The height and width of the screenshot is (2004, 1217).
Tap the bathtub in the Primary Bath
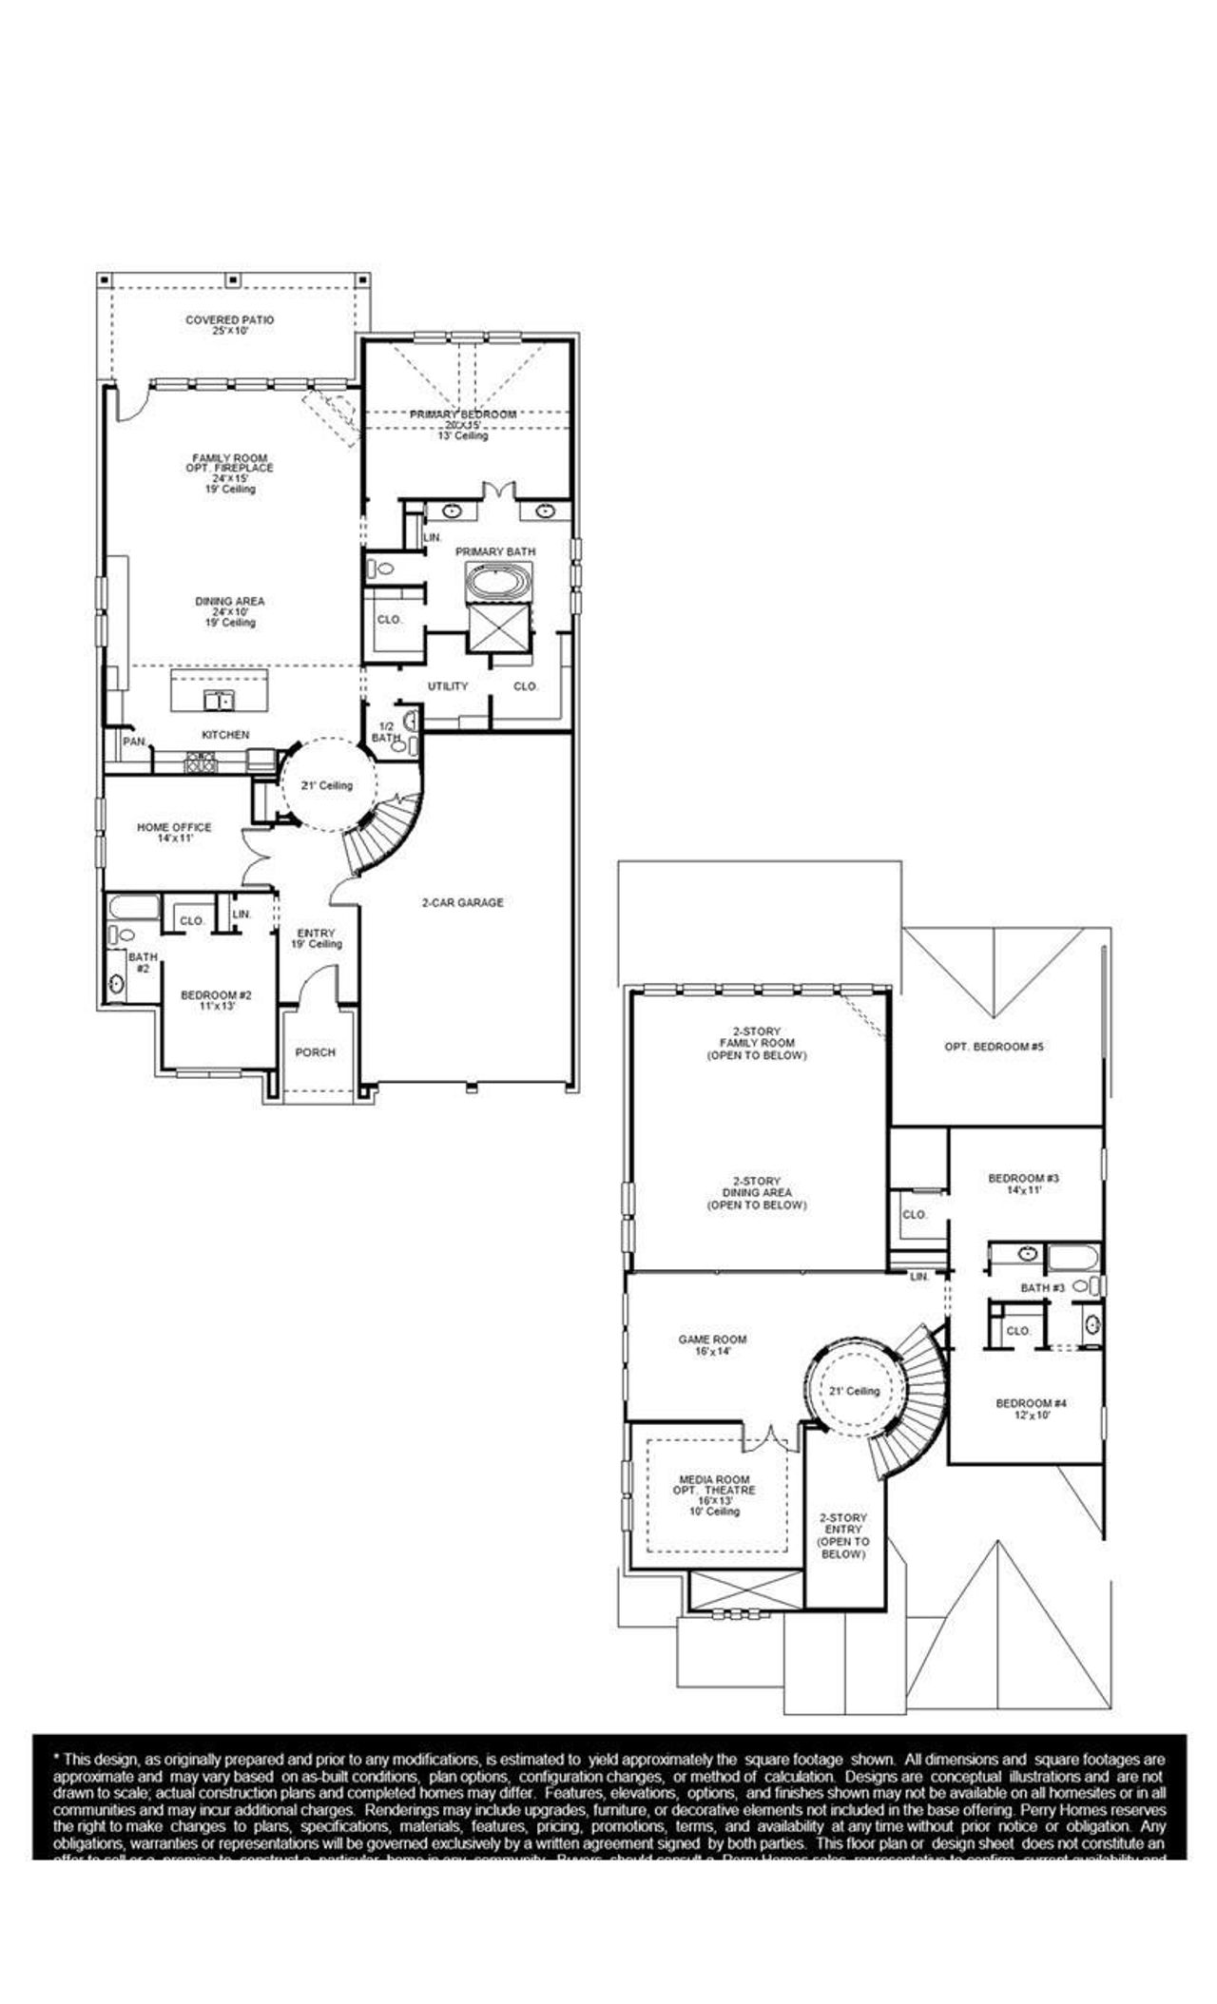[498, 581]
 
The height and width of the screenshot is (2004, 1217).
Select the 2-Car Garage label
[462, 902]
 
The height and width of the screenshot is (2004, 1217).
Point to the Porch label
[315, 1052]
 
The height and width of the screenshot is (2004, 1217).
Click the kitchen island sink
[220, 702]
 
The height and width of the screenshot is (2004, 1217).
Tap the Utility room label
[447, 686]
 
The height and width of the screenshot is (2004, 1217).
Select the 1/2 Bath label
[386, 732]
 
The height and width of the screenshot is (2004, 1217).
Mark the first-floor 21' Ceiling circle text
[328, 785]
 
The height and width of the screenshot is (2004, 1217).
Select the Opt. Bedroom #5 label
[995, 1047]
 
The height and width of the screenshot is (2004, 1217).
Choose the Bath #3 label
[1042, 1288]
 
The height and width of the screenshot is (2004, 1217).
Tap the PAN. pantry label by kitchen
[133, 741]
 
